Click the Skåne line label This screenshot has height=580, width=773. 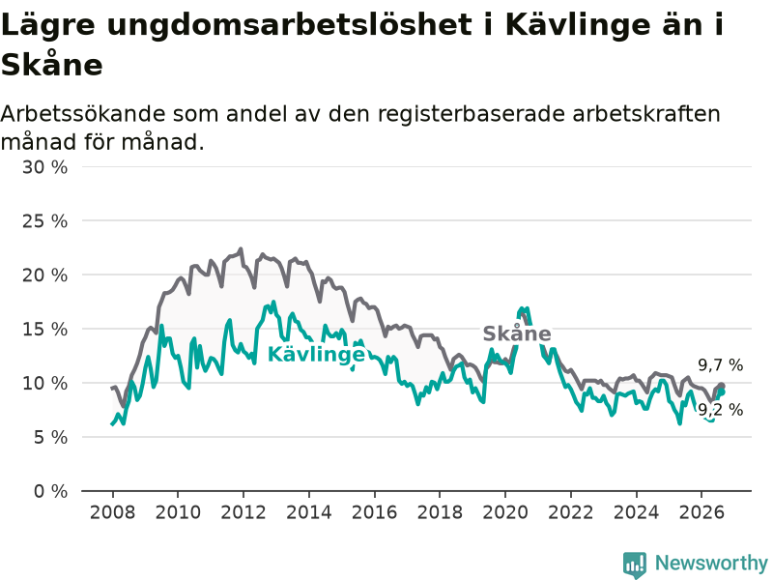coord(517,333)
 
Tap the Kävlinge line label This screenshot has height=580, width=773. coord(316,354)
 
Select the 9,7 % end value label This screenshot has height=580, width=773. coord(720,365)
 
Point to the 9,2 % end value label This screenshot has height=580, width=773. coord(720,410)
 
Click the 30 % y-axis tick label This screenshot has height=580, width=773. coord(44,167)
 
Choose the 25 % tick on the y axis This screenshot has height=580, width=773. coord(44,221)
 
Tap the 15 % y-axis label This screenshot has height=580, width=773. coord(44,330)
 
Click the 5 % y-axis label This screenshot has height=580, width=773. coord(50,438)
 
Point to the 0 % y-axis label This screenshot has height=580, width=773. coord(50,491)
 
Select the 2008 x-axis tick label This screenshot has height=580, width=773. coord(112,512)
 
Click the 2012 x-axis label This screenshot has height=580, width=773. coord(243,512)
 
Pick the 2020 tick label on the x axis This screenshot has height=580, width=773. coord(505,512)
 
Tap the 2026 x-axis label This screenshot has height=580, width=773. coord(701,512)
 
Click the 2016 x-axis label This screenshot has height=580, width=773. coord(374,512)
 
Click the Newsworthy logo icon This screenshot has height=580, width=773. coord(635,565)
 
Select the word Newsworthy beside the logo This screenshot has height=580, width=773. coord(711,563)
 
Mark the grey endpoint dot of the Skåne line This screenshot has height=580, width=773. coord(721,386)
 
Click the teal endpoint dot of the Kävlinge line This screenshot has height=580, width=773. coord(721,392)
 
